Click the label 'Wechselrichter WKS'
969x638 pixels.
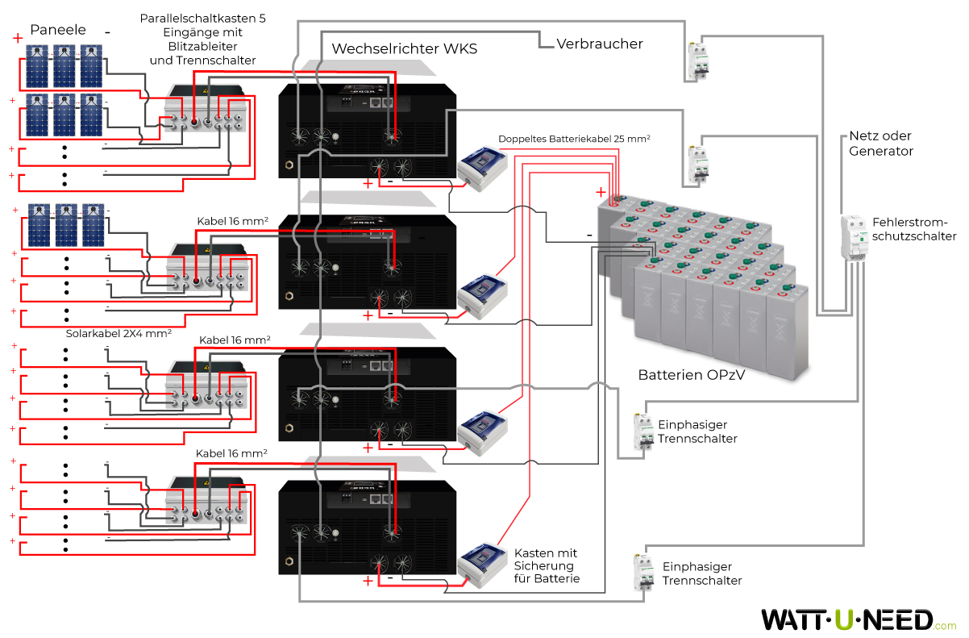(404, 49)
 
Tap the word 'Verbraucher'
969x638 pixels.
(599, 44)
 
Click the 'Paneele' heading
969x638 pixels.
(57, 31)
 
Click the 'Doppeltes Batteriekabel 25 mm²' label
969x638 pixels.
(573, 139)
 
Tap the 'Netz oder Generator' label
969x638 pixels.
(880, 144)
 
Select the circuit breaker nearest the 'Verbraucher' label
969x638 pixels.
(697, 60)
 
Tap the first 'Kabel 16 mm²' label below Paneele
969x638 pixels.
(233, 220)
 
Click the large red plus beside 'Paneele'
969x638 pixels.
(18, 38)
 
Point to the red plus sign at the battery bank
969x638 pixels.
(601, 192)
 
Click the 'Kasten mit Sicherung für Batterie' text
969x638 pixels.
(547, 566)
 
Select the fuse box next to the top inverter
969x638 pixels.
(484, 168)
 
